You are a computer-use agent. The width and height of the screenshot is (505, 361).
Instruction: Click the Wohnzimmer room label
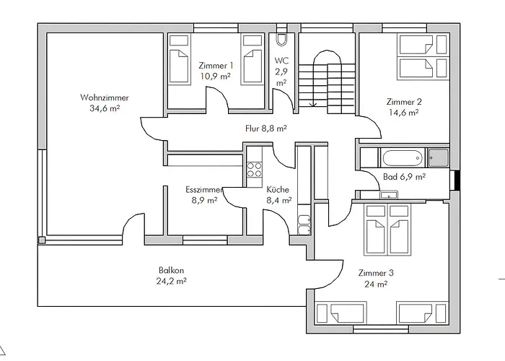[x=105, y=97]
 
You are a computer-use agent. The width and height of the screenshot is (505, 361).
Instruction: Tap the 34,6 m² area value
[x=105, y=108]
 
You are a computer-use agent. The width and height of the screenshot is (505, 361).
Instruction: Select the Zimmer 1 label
[x=216, y=66]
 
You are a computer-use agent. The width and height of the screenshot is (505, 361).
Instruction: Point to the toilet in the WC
[x=281, y=40]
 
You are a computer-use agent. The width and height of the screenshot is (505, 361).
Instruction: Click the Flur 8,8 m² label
[x=266, y=129]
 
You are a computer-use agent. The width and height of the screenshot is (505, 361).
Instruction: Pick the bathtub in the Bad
[x=403, y=157]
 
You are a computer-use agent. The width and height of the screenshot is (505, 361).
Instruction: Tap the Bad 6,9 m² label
[x=404, y=177]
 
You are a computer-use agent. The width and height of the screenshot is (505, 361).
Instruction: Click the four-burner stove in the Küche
[x=254, y=170]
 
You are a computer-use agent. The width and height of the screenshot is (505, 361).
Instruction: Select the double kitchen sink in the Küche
[x=304, y=225]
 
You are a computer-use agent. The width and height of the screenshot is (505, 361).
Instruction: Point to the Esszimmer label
[x=204, y=189]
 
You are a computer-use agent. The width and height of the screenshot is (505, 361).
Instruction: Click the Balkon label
[x=172, y=270]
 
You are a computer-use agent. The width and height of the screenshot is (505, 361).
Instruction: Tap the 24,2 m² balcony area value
[x=172, y=282]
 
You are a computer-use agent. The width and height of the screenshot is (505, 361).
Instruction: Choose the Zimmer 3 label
[x=376, y=274]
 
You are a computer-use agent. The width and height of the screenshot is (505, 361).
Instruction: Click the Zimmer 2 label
[x=404, y=103]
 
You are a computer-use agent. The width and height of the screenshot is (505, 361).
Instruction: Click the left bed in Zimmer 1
[x=178, y=60]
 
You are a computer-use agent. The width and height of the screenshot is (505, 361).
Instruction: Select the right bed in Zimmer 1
[x=252, y=60]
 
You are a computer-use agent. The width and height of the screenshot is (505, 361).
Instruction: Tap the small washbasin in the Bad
[x=389, y=195]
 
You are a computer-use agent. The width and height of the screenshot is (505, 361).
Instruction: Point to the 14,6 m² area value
[x=404, y=113]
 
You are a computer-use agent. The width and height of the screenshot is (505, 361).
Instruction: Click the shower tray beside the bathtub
[x=438, y=157]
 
